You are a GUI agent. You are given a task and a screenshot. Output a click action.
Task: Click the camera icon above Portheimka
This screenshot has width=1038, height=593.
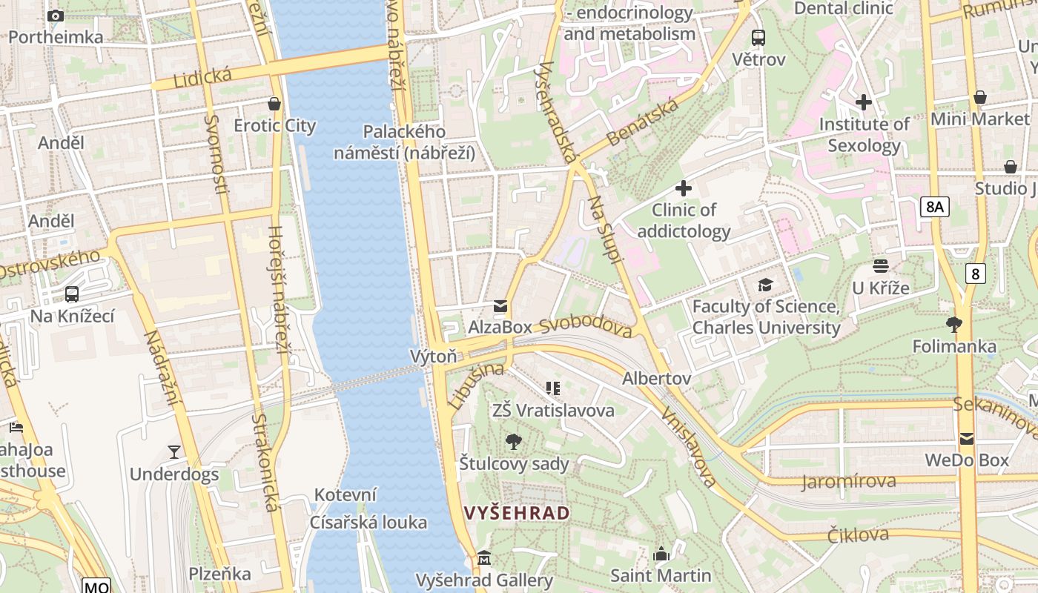point(55,16)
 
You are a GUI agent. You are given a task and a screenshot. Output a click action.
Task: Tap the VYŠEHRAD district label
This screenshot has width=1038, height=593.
point(517,513)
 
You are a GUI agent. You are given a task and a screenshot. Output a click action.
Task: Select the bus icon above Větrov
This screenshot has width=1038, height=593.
point(758,37)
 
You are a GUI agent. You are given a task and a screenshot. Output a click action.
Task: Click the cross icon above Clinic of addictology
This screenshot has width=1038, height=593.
point(684,188)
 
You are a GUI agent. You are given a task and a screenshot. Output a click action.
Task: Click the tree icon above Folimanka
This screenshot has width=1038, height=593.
point(953,324)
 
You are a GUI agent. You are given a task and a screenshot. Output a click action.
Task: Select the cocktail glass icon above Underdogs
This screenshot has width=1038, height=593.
point(174,451)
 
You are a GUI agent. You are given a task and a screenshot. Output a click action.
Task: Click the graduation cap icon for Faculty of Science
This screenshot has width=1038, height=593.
point(765,285)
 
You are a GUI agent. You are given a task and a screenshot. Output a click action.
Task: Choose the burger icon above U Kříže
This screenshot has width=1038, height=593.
point(881,265)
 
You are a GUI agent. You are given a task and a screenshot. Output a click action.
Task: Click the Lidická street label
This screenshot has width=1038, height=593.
point(202,77)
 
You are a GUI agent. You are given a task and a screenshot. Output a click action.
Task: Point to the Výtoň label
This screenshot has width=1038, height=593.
point(434,357)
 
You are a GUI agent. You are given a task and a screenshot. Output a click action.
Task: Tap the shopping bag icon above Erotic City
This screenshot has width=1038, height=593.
point(274,104)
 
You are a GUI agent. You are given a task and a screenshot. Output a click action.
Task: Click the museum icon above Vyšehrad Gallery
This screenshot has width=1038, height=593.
point(484,557)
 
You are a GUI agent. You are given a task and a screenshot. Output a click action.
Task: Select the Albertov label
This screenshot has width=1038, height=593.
point(656,379)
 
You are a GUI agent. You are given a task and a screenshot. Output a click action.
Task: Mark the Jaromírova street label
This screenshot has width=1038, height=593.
point(848,482)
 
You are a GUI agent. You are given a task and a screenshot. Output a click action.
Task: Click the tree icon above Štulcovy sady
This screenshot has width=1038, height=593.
point(513,443)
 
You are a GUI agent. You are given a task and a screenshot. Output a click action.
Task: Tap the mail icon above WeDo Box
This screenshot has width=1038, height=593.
point(966,439)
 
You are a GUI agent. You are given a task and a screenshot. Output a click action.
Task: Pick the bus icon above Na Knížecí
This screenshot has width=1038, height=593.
point(72,294)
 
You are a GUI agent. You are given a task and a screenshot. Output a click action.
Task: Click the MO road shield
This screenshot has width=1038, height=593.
point(96,586)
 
